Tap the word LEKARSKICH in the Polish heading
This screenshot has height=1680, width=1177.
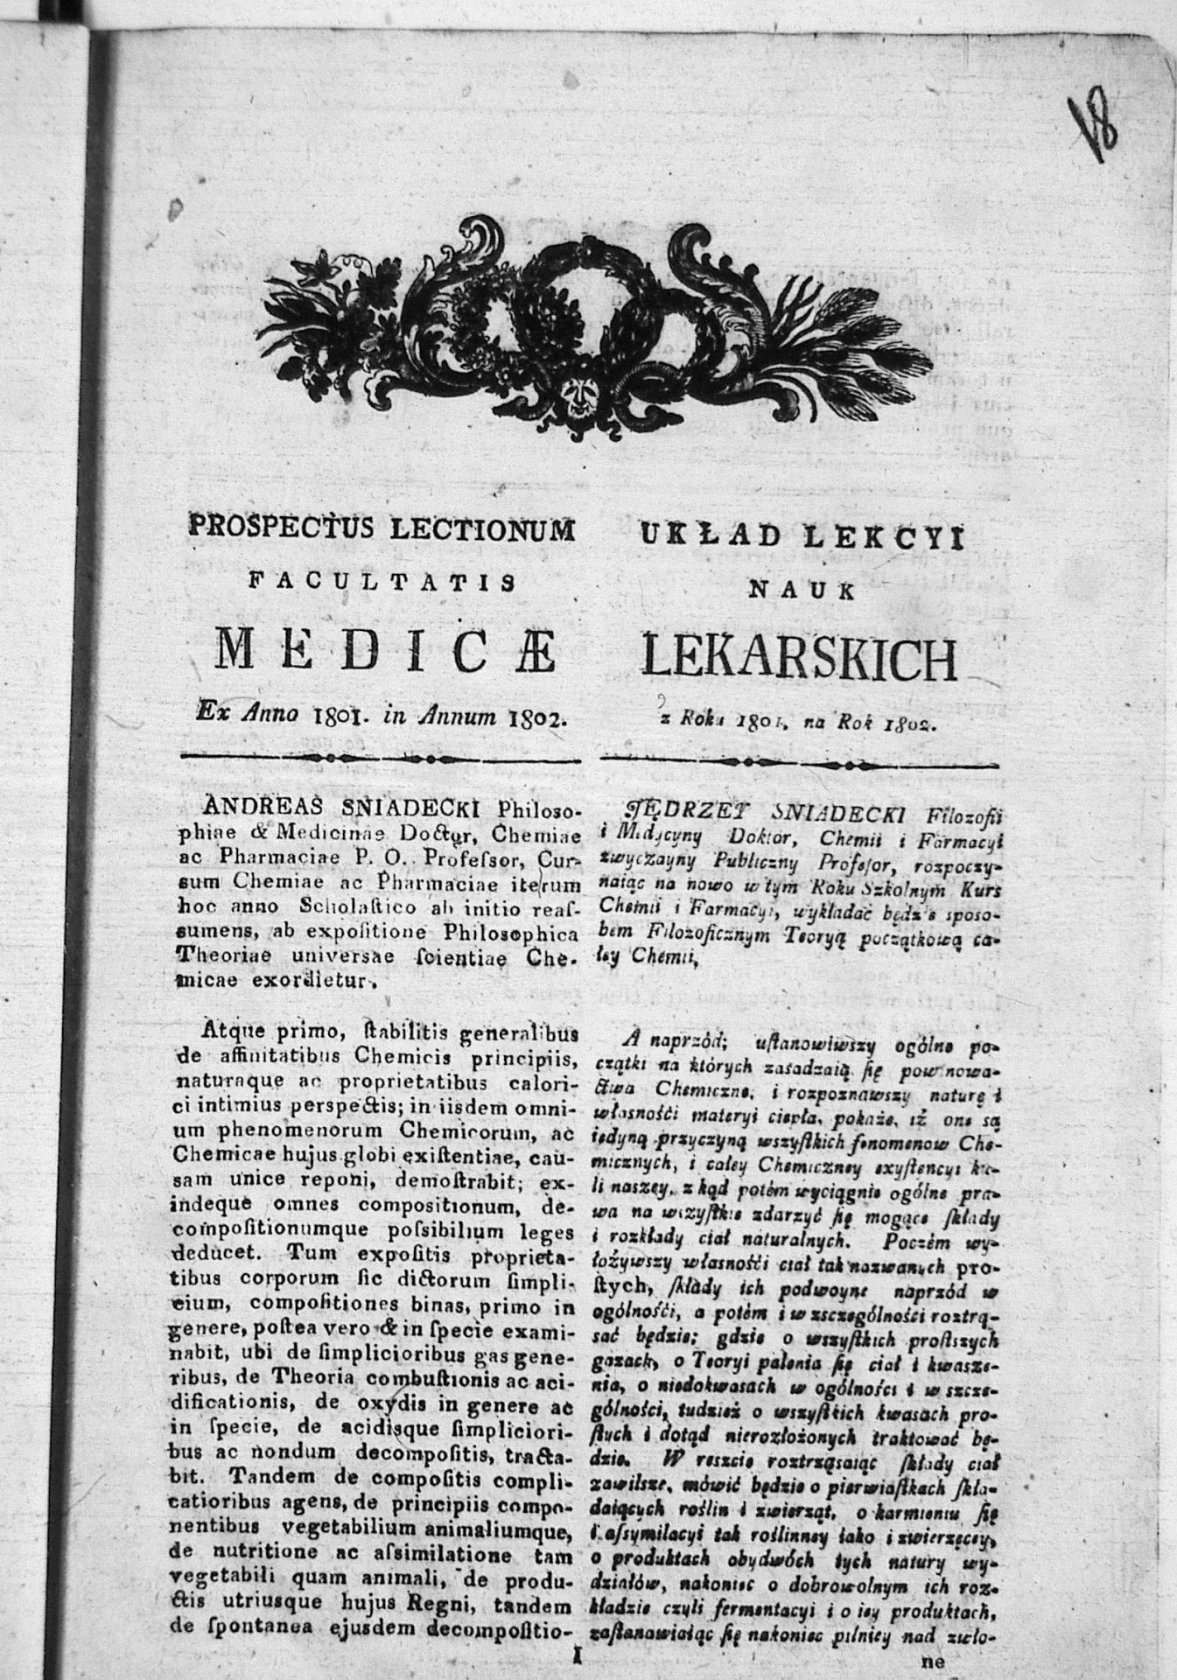point(799,660)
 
